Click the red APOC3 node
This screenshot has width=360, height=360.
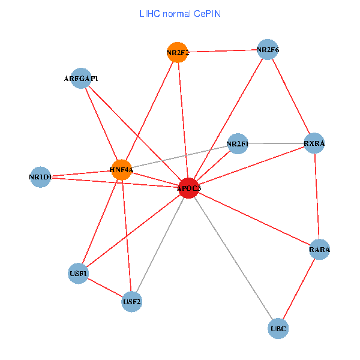pos(188,188)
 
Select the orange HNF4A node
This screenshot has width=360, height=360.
pos(121,170)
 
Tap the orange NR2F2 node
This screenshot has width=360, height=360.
pos(177,52)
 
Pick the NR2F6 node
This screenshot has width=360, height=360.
pos(268,50)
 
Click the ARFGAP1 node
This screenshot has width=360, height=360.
pos(81,79)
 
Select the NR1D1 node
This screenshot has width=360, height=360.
pos(40,177)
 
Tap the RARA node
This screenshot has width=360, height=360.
pos(320,249)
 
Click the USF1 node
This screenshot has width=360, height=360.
pos(79,274)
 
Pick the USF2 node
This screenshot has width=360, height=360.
pos(131,301)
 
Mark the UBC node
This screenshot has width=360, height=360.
pos(278,329)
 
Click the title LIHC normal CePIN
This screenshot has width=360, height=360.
pos(180,13)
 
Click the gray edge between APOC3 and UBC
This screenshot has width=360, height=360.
pos(233,258)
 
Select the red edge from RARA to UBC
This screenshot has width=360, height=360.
pos(299,289)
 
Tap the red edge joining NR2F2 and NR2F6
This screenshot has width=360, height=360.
pos(222,51)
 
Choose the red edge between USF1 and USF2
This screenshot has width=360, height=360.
pos(105,287)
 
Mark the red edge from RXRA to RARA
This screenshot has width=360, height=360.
pos(317,196)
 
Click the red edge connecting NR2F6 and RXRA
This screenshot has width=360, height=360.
pos(291,97)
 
